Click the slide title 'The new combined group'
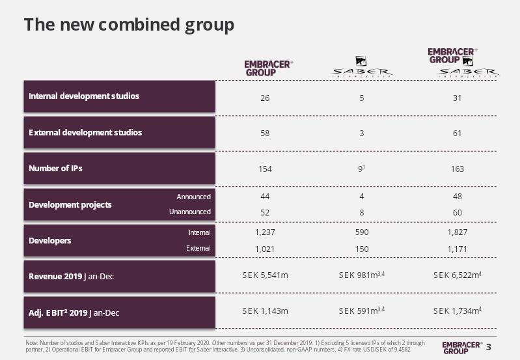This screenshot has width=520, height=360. coord(129,25)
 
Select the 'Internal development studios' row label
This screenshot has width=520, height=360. coord(84,96)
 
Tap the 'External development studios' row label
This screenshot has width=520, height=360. coord(85,133)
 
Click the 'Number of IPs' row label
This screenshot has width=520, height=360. coord(55,169)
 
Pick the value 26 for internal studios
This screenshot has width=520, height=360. coord(265,98)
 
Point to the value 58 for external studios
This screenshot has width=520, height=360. coord(265,133)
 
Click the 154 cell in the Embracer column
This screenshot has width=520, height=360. coord(265,169)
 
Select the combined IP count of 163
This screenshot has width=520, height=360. coord(458,169)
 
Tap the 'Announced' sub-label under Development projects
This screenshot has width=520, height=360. coord(194,197)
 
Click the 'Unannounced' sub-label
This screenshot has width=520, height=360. coord(190,212)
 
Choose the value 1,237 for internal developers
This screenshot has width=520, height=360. coord(265,232)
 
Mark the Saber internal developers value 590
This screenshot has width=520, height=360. coord(362,232)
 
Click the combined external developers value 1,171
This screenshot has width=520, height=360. coord(458,249)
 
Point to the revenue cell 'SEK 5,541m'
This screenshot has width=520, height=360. coord(265,275)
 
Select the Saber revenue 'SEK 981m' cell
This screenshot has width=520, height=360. coord(362,275)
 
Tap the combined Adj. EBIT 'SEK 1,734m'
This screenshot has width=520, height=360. coord(458,311)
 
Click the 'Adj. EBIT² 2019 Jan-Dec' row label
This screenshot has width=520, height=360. coord(74,313)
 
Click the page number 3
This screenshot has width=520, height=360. coord(489,347)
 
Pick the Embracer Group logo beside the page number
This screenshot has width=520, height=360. coord(462,348)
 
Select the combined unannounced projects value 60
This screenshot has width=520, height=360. coord(458,213)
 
